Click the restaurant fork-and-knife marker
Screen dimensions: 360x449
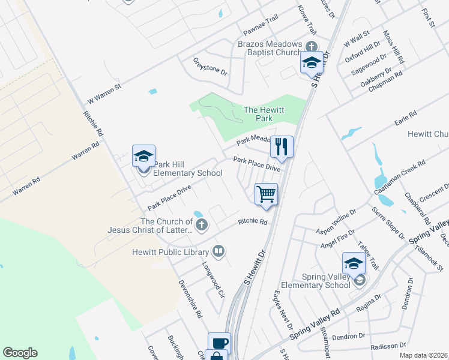(x=282, y=146)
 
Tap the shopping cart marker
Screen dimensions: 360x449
(x=266, y=194)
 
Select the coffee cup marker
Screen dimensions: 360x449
(x=219, y=344)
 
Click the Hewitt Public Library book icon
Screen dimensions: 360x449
(x=219, y=252)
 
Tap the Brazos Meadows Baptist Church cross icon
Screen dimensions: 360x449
(x=311, y=46)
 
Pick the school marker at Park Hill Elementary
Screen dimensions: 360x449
(x=143, y=157)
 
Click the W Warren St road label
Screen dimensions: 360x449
(x=104, y=94)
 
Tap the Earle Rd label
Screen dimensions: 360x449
(x=405, y=119)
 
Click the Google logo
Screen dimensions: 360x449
(x=20, y=353)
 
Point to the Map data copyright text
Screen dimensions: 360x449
(x=423, y=355)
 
